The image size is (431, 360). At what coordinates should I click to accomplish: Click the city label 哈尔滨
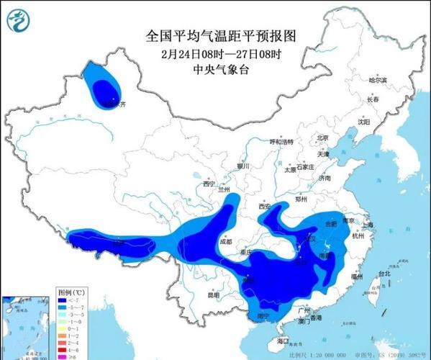coord(377,80)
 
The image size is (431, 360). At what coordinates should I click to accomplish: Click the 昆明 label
coord(213,295)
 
